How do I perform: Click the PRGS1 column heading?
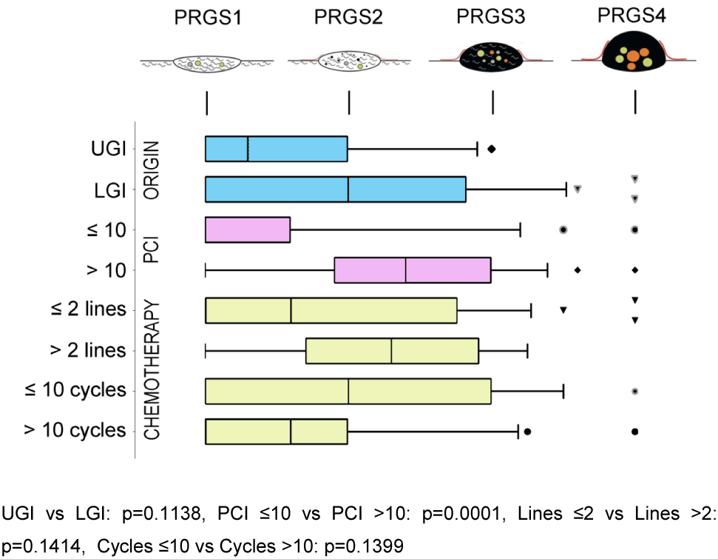pyautogui.click(x=206, y=19)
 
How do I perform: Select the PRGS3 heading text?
pyautogui.click(x=491, y=19)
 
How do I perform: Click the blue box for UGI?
pyautogui.click(x=276, y=149)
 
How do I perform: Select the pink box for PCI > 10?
pyautogui.click(x=413, y=270)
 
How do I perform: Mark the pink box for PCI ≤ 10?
pyautogui.click(x=247, y=230)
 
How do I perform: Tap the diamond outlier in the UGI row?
pyautogui.click(x=491, y=149)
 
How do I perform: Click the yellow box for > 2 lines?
pyautogui.click(x=392, y=350)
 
